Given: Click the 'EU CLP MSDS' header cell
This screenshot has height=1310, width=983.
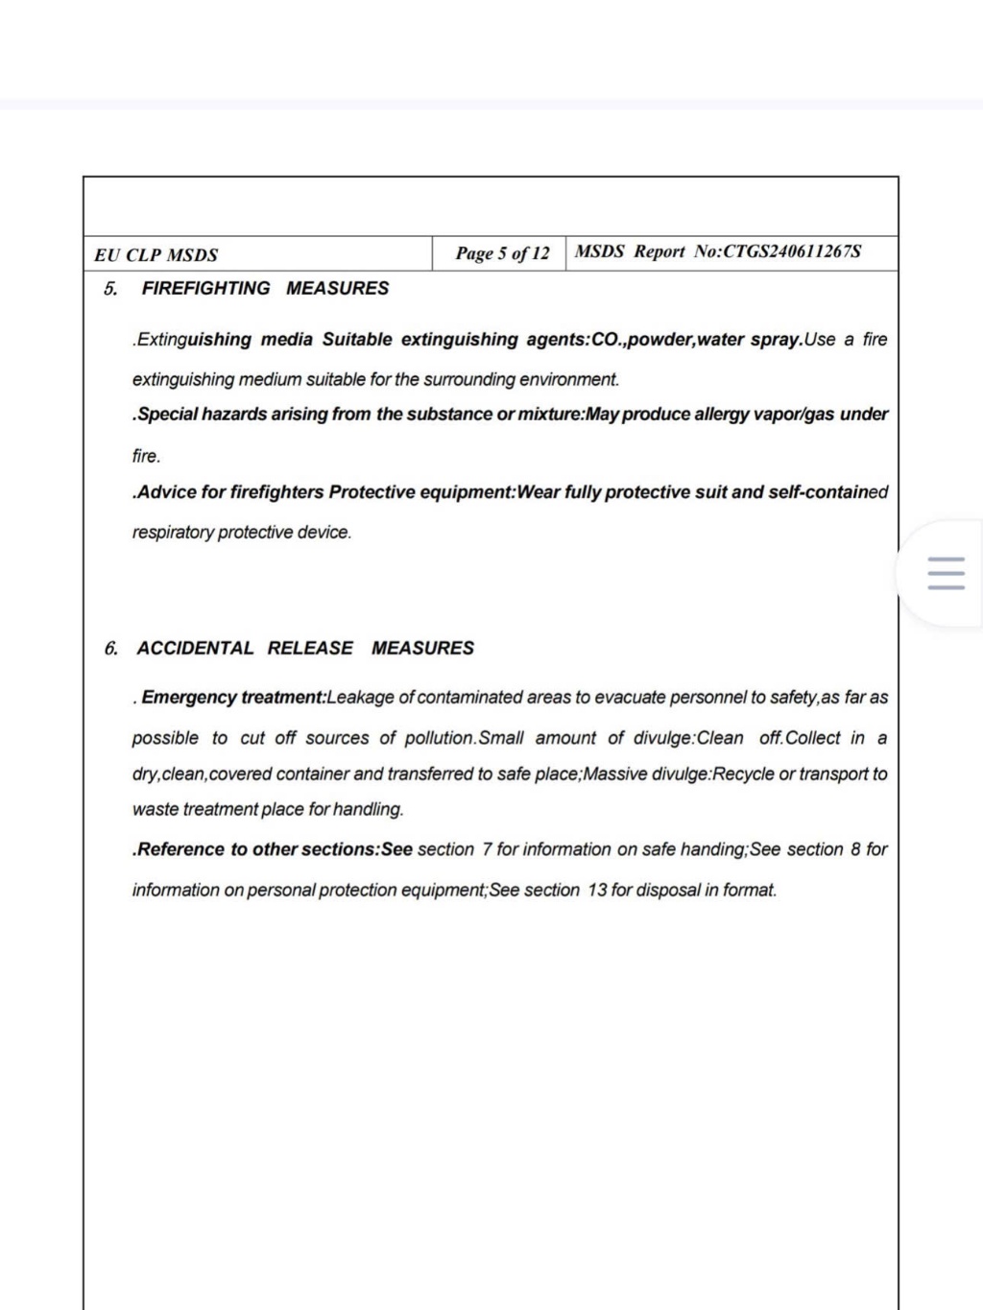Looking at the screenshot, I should point(156,255).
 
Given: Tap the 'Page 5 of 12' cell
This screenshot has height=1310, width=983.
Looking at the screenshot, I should point(502,253).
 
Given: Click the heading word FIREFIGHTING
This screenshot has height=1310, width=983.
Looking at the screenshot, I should point(205,288).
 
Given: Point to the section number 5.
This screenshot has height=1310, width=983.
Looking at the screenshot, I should point(110,288).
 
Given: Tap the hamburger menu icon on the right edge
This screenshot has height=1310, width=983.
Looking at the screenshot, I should point(946,573).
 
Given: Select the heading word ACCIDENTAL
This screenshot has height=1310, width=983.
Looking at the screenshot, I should point(195,648).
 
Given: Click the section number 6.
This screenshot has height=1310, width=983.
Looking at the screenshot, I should point(110,648).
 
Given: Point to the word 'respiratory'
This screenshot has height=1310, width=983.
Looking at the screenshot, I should point(173,533).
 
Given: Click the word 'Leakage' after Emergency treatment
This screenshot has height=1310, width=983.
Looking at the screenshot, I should point(360,697).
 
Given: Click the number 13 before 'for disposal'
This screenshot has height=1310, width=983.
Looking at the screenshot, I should point(597,890).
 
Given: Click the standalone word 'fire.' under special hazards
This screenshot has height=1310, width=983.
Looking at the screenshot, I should point(147,456).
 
